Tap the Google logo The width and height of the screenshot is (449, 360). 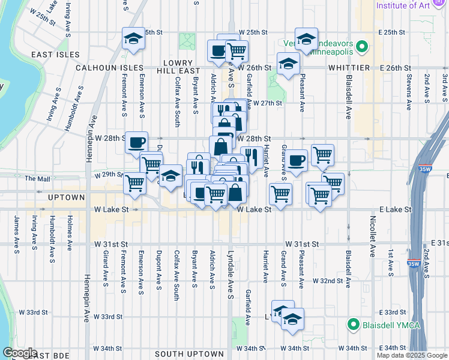pos(20,353)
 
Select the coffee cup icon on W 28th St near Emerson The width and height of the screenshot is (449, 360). pos(137,142)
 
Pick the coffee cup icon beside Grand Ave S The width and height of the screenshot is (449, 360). pos(297,160)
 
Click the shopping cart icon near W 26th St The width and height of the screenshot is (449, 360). pos(237,51)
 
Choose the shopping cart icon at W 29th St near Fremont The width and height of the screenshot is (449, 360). pos(135,182)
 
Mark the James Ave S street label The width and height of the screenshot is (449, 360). pos(15,234)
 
